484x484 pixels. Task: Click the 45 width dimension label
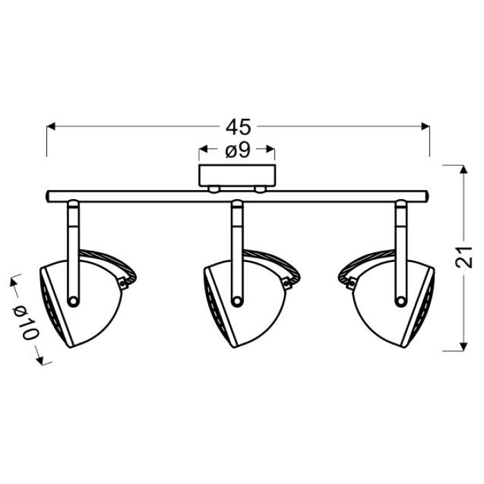pos(238,127)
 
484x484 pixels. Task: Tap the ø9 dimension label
pos(237,150)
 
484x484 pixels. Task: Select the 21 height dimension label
pos(464,257)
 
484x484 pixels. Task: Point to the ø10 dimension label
pos(26,322)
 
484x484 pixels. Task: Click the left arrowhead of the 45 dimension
pos(51,127)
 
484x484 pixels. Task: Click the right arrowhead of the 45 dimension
pos(426,127)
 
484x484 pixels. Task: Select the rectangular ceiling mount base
pos(237,176)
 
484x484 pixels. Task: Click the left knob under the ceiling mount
pos(214,189)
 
